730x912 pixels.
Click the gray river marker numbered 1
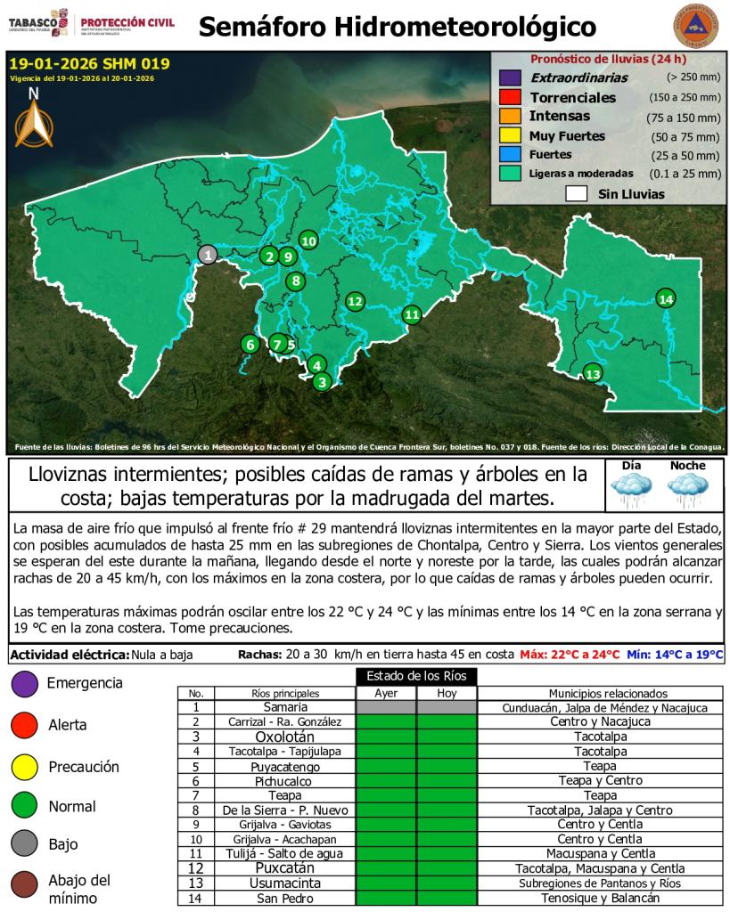click(x=207, y=255)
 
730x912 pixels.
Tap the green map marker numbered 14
click(x=665, y=298)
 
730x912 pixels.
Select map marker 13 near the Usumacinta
click(x=592, y=373)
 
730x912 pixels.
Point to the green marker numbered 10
click(x=308, y=240)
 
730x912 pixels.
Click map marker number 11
click(x=411, y=313)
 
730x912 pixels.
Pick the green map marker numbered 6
click(x=250, y=344)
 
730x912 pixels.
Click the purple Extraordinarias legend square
click(x=510, y=78)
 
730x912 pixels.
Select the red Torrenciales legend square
click(x=510, y=97)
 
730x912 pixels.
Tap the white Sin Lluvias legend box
click(x=577, y=193)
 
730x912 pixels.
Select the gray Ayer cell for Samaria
click(x=385, y=707)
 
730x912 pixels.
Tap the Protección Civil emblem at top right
click(x=693, y=26)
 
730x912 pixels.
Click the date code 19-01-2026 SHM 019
click(x=89, y=64)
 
